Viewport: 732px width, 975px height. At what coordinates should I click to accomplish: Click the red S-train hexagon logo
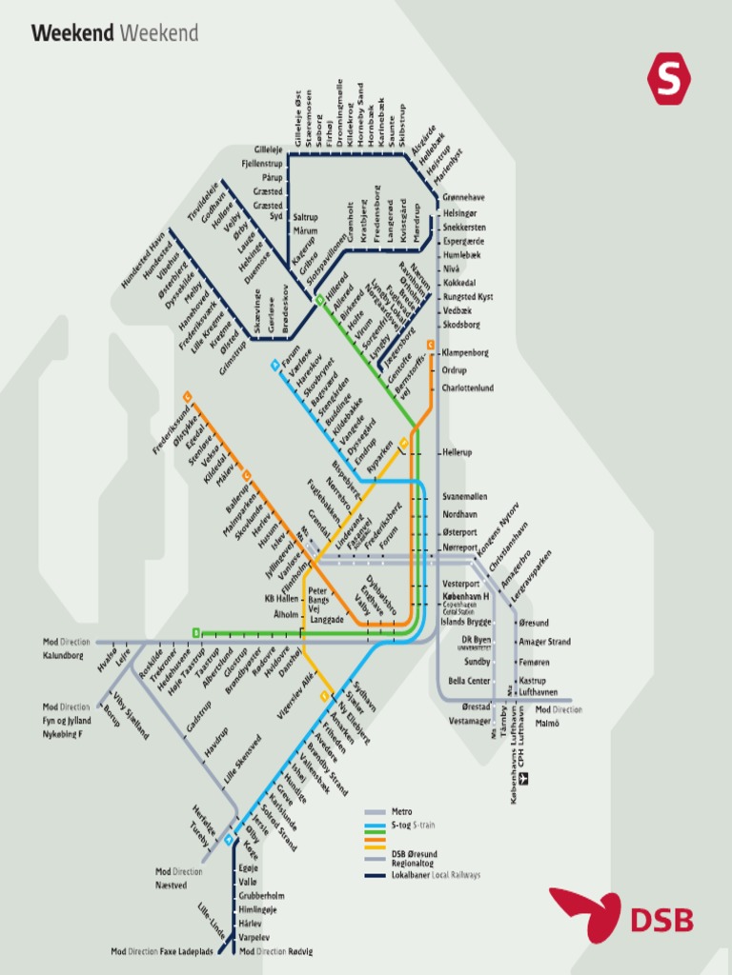click(669, 79)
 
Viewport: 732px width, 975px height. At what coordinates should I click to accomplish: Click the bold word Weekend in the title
click(72, 34)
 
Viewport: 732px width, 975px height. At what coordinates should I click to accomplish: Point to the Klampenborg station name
click(465, 352)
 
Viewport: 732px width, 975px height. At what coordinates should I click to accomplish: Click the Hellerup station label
click(457, 452)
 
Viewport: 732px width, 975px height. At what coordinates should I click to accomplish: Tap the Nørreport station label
click(460, 547)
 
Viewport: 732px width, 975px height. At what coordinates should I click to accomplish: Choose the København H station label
click(465, 596)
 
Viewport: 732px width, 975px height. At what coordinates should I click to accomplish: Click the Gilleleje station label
click(268, 149)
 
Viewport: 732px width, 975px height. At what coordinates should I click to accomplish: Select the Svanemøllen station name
click(465, 497)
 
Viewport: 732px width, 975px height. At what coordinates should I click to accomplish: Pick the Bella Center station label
click(469, 681)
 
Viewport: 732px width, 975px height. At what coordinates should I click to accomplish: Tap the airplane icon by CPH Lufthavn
click(521, 778)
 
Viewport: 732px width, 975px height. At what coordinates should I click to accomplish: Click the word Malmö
click(547, 723)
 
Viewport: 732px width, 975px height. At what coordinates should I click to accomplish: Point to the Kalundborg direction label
click(63, 656)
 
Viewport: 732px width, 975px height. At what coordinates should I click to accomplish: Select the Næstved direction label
click(172, 885)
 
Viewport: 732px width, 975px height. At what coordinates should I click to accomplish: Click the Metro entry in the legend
click(401, 811)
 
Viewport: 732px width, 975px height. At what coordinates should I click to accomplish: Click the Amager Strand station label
click(544, 642)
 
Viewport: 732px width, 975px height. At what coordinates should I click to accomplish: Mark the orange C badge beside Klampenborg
click(431, 345)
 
